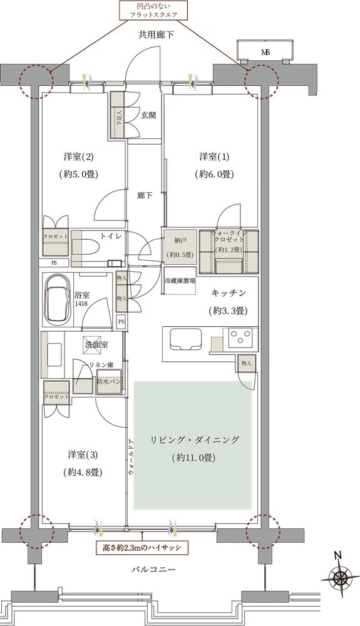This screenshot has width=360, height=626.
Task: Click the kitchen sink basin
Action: pos(183,341)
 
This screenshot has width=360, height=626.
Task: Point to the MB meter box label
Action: pos(265,52)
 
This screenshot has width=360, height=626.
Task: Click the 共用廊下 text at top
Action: pos(156,35)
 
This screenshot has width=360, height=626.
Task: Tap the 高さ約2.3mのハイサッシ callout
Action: pos(142,547)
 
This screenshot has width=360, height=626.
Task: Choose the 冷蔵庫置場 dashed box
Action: pos(179,281)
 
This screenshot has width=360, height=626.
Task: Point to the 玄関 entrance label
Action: pos(148,115)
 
